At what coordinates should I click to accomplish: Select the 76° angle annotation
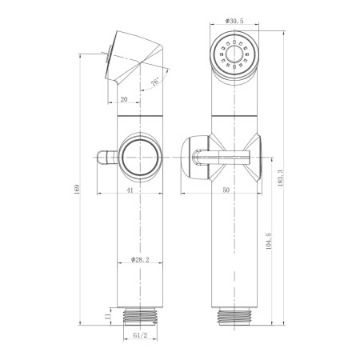click(155, 82)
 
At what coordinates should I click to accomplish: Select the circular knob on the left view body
click(139, 154)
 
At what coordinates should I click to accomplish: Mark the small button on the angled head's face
click(107, 56)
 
